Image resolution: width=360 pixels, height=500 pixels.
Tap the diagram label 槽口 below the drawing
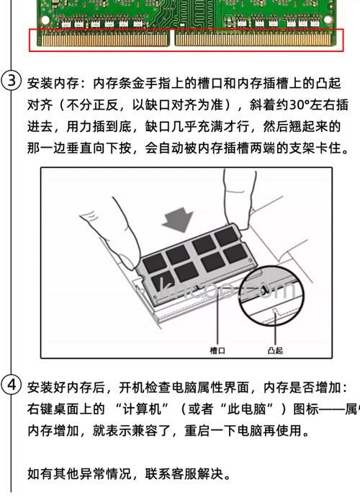click(217, 350)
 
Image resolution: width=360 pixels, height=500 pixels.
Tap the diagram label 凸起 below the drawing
click(274, 350)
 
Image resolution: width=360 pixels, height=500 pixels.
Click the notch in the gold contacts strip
click(172, 39)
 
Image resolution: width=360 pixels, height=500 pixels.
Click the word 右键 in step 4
click(41, 409)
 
